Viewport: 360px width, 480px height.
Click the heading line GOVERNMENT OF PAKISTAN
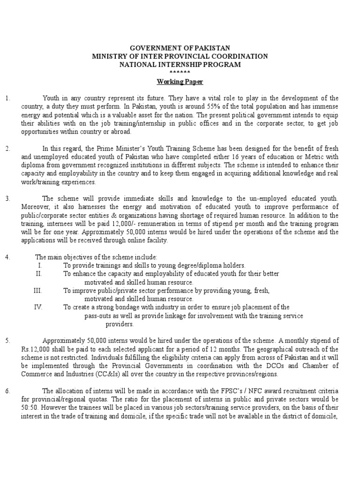pos(180,48)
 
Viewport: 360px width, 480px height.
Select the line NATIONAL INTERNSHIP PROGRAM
pos(180,65)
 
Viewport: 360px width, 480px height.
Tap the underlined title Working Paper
pos(180,82)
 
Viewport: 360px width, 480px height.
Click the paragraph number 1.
pos(7,98)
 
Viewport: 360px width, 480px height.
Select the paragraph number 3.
pos(7,198)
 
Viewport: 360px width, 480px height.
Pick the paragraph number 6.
pos(7,390)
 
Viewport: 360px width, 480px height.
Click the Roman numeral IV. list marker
pos(38,307)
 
